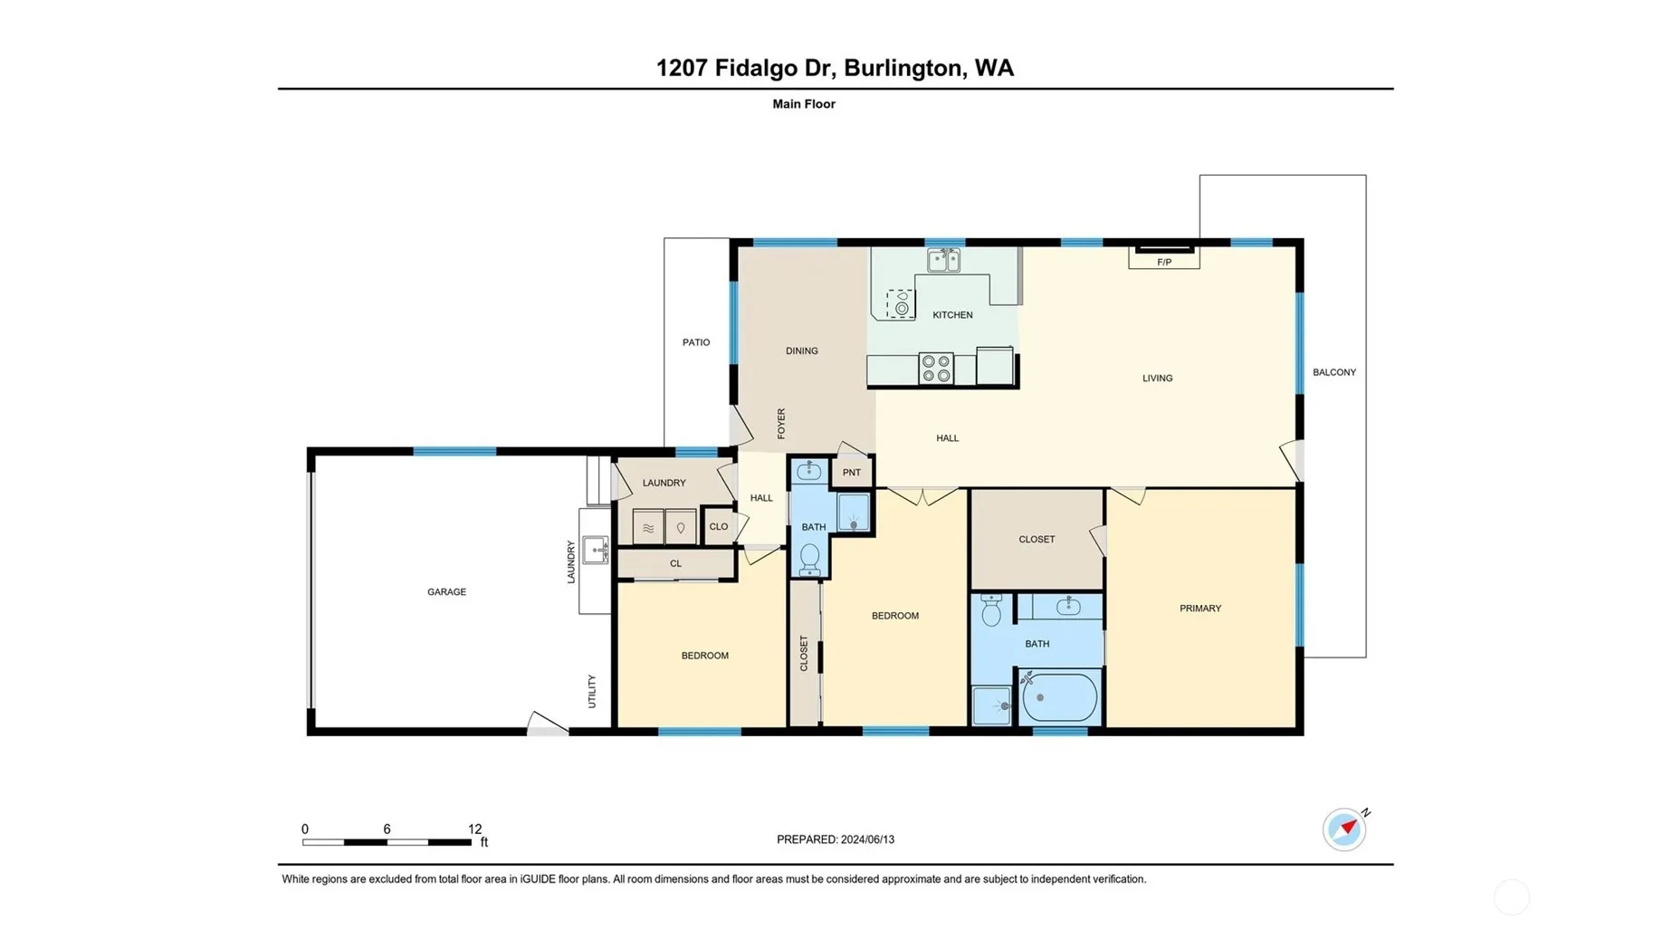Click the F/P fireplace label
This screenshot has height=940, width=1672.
pos(1164,263)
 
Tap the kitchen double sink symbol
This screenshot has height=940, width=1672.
pos(943,261)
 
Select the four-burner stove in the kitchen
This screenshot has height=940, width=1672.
pos(936,369)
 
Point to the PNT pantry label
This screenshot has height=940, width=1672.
pos(852,473)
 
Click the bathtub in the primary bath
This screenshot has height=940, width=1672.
pos(1059,697)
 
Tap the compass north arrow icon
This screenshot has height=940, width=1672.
pos(1345,829)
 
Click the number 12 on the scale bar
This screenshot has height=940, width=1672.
pos(475,829)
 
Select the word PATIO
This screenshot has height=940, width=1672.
pos(696,342)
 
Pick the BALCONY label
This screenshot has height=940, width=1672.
pos(1334,372)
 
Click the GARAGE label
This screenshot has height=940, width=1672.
pos(447,592)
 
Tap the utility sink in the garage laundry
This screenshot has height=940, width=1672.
pos(596,549)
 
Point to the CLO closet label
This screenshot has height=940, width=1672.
pos(719,526)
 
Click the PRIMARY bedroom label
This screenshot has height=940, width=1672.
pos(1200,609)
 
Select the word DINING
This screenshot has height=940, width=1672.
pos(802,351)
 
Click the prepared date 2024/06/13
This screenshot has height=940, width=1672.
pos(867,839)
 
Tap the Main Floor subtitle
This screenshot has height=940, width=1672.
pos(804,104)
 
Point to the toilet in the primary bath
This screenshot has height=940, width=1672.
pos(991,610)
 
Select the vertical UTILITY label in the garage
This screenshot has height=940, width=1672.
pos(592,691)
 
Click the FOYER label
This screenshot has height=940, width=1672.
pos(781,424)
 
